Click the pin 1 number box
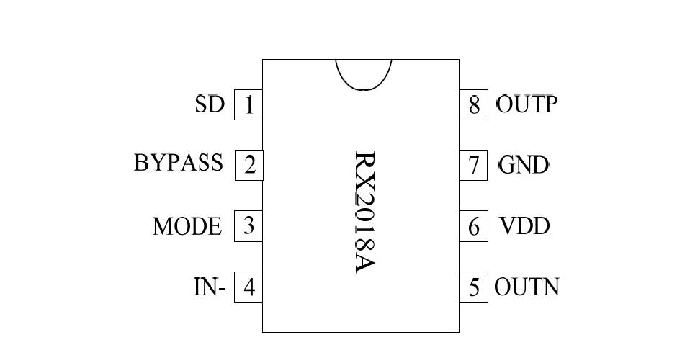[248, 106]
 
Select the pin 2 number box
[249, 165]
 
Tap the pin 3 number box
[248, 226]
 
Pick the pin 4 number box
[248, 288]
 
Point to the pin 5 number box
[474, 287]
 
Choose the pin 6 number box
[474, 227]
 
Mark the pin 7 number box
[474, 165]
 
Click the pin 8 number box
[474, 105]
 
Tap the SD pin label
[210, 104]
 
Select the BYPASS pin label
[179, 163]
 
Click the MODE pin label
[187, 226]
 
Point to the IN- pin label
[210, 288]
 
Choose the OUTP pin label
[527, 104]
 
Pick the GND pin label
[524, 165]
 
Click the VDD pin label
[524, 226]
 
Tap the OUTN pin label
[527, 287]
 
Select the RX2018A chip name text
[366, 212]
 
